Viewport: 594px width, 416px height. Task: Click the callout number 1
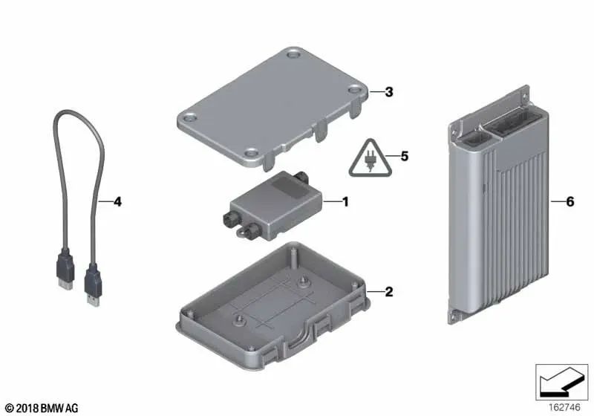tap(345, 201)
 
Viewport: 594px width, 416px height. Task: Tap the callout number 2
tap(389, 292)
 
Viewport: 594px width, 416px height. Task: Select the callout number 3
tap(389, 92)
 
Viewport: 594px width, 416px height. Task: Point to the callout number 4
tap(118, 201)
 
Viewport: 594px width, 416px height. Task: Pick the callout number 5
tap(405, 156)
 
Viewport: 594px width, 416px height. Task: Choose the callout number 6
tap(570, 201)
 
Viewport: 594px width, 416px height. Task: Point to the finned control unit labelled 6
tap(499, 204)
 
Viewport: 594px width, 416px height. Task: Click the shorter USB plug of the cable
tap(65, 270)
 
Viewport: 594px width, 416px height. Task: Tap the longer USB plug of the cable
tap(94, 285)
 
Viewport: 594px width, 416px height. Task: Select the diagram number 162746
tap(564, 407)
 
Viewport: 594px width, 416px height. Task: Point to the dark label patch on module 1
tap(290, 187)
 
